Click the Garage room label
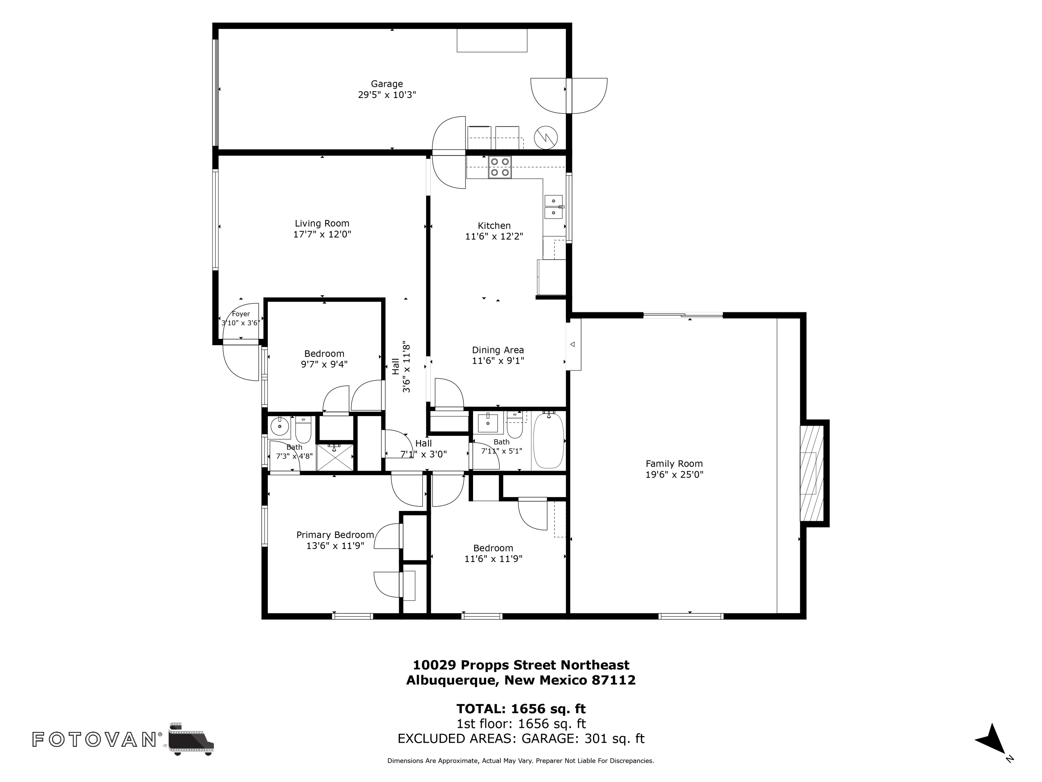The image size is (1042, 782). click(x=387, y=84)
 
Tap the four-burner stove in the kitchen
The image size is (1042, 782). click(x=500, y=167)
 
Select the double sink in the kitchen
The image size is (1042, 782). click(x=554, y=207)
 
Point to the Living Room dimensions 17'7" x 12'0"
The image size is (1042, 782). click(x=322, y=234)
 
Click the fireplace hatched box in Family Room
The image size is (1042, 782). click(x=812, y=473)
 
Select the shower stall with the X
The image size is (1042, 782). click(x=335, y=457)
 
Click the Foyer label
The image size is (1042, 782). click(x=241, y=314)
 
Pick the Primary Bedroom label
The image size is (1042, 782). click(x=335, y=535)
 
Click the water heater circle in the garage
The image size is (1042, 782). click(x=546, y=138)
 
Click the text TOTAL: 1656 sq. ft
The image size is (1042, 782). click(x=521, y=708)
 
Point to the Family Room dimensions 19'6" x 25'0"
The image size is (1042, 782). click(x=674, y=475)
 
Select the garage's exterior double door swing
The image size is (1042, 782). click(x=569, y=96)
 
